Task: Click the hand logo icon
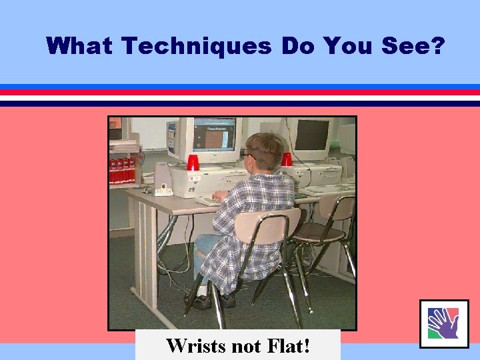pyautogui.click(x=443, y=324)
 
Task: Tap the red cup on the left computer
pyautogui.click(x=193, y=162)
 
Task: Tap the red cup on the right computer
pyautogui.click(x=287, y=159)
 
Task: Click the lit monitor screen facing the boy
pyautogui.click(x=214, y=135)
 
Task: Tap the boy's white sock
pyautogui.click(x=201, y=291)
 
